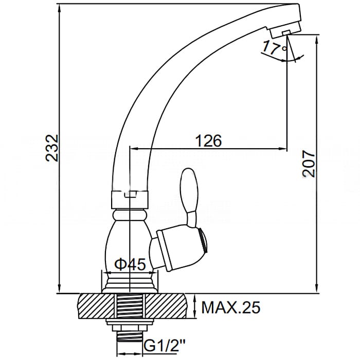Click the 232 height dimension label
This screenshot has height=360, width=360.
tap(52, 148)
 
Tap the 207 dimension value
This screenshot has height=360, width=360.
tap(308, 164)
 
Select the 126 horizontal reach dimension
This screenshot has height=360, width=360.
tap(208, 140)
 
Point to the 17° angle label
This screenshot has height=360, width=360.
tap(274, 47)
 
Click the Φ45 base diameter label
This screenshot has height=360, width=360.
tap(130, 264)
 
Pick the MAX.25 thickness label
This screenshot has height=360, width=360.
tap(231, 307)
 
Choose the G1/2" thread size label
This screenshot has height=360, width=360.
tap(165, 345)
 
